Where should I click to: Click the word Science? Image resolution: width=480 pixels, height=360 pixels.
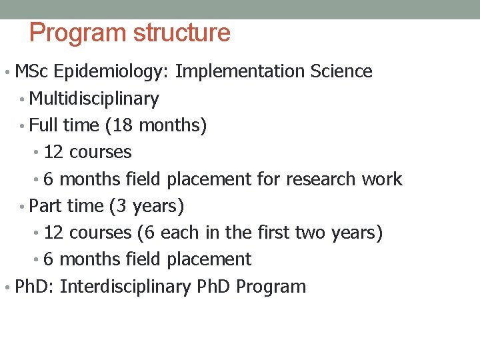[x=341, y=71]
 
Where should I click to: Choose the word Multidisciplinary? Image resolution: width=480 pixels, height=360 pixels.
[x=95, y=99]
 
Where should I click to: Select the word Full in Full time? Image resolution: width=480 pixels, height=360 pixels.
[x=45, y=125]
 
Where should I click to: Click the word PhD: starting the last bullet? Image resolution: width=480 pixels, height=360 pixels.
[x=35, y=287]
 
